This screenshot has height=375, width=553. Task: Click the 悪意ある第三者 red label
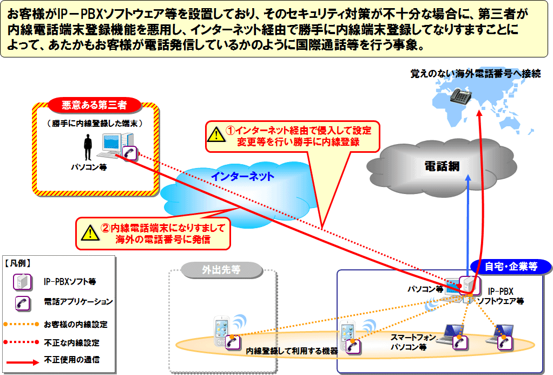click(95, 105)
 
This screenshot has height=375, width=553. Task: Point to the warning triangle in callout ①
click(216, 135)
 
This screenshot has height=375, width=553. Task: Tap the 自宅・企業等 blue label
click(511, 266)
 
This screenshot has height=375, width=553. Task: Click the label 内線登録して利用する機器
click(292, 351)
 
